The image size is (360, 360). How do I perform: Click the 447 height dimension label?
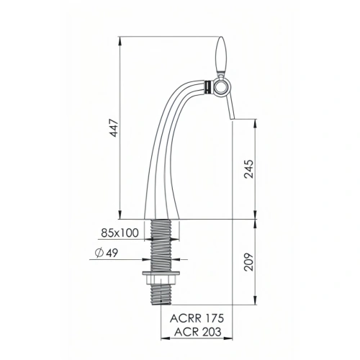(x=114, y=127)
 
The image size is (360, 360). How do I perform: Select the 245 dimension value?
(x=248, y=169)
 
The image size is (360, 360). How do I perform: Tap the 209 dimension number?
(x=248, y=262)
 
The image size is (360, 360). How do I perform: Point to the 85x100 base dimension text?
(x=120, y=233)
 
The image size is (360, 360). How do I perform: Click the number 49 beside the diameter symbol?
(x=112, y=253)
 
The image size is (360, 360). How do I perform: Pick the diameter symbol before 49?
(x=99, y=253)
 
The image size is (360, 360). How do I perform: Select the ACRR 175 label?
(x=197, y=318)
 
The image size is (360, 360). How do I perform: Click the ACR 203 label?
(x=197, y=332)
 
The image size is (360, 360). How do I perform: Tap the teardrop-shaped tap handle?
(x=221, y=55)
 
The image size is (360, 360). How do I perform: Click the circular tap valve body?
(x=220, y=88)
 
